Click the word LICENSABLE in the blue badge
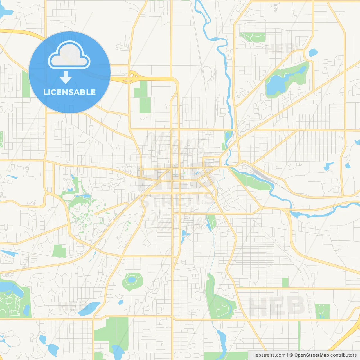pos(69,92)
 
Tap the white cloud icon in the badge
pos(69,56)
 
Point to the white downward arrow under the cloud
pos(66,77)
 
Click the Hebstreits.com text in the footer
pos(269,355)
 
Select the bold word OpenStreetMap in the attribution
pos(311,355)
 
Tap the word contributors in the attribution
pos(343,355)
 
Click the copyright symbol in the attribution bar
pos(291,355)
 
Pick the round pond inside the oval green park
pos(131,280)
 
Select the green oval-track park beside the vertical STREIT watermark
pos(322,311)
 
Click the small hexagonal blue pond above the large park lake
pos(313,53)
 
